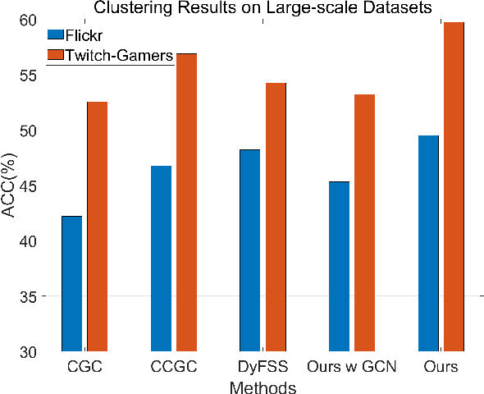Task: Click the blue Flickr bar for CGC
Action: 71,283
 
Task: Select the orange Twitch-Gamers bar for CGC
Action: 98,227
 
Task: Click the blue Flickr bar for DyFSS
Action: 249,250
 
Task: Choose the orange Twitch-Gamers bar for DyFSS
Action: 276,217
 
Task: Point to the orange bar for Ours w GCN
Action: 365,222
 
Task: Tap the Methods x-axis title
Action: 263,385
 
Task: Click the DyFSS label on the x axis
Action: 262,365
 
